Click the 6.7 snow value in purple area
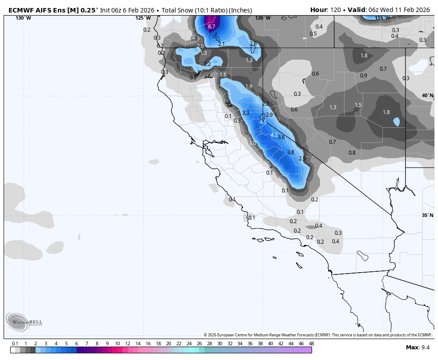pos(212,27)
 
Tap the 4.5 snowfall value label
pos(263,122)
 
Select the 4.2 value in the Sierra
pos(274,135)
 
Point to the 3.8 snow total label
pos(290,152)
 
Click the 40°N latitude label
pos(427,96)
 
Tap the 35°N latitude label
pos(427,215)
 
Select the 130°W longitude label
pos(24,18)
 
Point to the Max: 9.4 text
pos(418,347)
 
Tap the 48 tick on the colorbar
pos(311,344)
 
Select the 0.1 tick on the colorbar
pos(15,344)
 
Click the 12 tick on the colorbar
pos(127,344)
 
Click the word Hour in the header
pos(318,10)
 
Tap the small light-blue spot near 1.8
pos(396,122)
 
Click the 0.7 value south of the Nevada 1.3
pos(332,142)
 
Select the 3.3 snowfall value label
pos(246,113)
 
